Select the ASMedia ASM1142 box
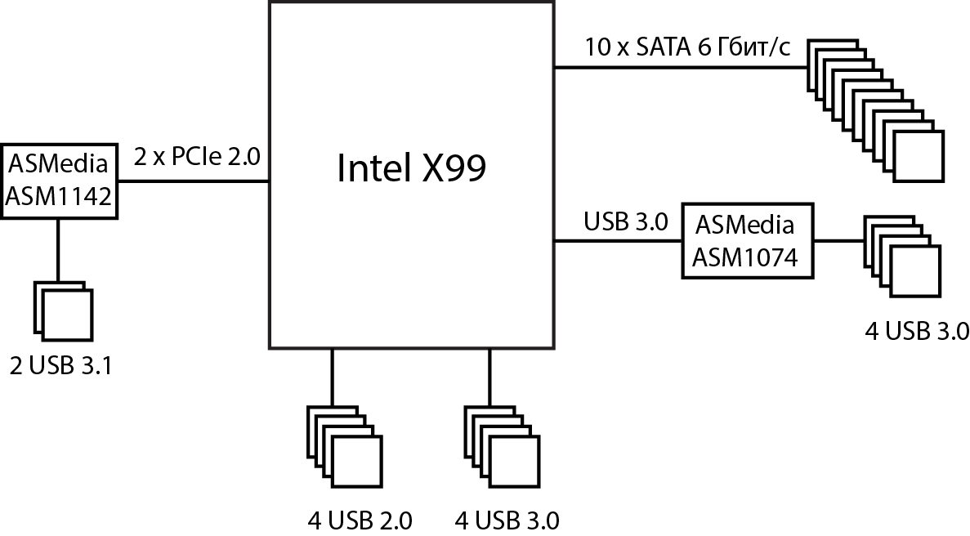click(x=59, y=181)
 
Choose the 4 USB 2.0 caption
click(x=360, y=520)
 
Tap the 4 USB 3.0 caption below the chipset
click(x=507, y=520)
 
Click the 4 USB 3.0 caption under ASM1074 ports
click(x=917, y=330)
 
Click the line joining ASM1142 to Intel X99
click(x=193, y=181)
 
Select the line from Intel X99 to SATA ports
click(x=678, y=68)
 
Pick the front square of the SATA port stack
click(x=919, y=158)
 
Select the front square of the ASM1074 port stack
click(x=915, y=272)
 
